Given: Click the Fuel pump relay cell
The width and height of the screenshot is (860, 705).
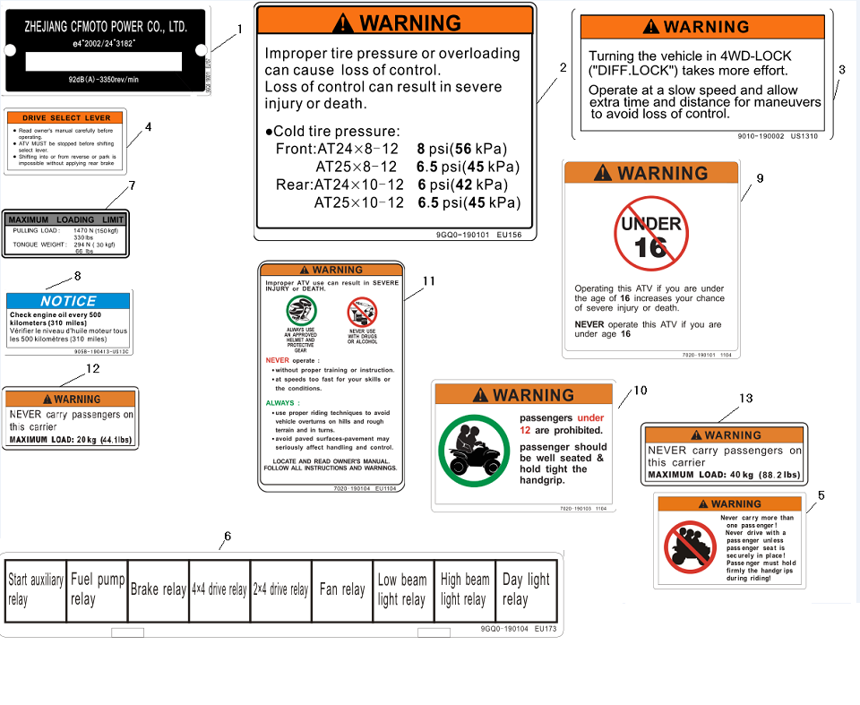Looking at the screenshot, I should pyautogui.click(x=97, y=589).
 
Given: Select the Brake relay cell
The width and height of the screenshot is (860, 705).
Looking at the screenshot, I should pyautogui.click(x=158, y=589).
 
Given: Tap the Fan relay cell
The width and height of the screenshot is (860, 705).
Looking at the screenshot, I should pyautogui.click(x=341, y=589).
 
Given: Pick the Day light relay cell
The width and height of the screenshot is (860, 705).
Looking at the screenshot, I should pyautogui.click(x=527, y=589).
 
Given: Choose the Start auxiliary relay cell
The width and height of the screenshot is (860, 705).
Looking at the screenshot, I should pyautogui.click(x=35, y=589).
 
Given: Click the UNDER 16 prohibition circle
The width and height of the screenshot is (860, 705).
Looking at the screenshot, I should pyautogui.click(x=650, y=235).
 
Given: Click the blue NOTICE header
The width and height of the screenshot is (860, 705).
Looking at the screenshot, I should pyautogui.click(x=69, y=301).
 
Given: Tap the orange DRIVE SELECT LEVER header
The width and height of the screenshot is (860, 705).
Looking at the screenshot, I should pyautogui.click(x=66, y=118).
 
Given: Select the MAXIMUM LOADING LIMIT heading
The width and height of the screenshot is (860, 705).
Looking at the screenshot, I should pyautogui.click(x=65, y=219).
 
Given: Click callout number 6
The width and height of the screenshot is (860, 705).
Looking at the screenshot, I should pyautogui.click(x=228, y=536).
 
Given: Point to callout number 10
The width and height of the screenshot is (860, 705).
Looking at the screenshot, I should pyautogui.click(x=640, y=391).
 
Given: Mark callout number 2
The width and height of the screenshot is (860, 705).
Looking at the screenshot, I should pyautogui.click(x=563, y=67).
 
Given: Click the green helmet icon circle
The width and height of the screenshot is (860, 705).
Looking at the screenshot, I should pyautogui.click(x=301, y=311).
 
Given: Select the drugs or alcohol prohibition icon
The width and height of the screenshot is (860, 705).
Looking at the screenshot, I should pyautogui.click(x=362, y=312).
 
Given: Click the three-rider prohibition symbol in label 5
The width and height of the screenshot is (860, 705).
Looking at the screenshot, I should pyautogui.click(x=690, y=547).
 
